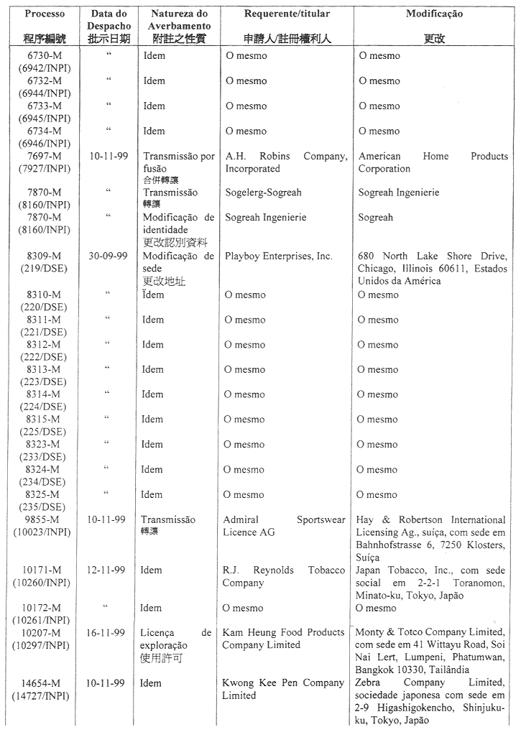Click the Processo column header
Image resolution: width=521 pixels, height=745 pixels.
click(x=44, y=14)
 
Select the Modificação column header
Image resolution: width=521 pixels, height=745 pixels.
click(x=434, y=14)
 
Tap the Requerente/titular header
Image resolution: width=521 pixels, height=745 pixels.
click(x=287, y=14)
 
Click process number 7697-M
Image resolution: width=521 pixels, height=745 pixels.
click(x=44, y=156)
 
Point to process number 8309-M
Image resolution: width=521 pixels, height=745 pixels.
click(x=44, y=256)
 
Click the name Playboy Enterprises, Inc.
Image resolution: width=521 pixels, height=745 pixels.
click(x=279, y=256)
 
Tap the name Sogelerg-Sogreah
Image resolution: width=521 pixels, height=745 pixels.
click(x=263, y=193)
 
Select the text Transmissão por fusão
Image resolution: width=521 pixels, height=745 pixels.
click(x=178, y=162)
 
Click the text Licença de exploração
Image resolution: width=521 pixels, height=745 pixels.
click(x=175, y=639)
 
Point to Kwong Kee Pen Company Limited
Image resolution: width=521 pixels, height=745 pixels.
click(x=283, y=689)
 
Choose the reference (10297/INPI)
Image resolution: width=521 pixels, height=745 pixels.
click(x=44, y=645)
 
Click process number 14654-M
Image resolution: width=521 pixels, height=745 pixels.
click(x=44, y=682)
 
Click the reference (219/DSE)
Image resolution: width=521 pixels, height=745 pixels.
click(x=44, y=269)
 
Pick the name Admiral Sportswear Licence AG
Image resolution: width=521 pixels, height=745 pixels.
click(x=284, y=526)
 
